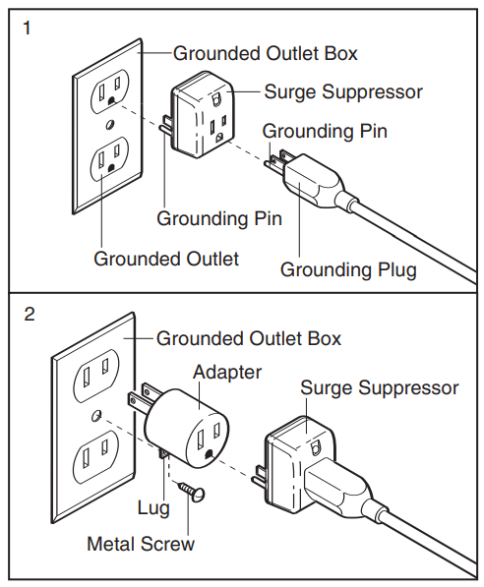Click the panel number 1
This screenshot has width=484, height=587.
pos(27,29)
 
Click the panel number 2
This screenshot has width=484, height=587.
pos(30,314)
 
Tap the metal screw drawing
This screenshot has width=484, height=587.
pos(193,492)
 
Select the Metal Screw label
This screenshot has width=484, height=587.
pos(141,544)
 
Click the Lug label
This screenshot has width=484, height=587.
pos(153,508)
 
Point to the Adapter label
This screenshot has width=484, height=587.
pos(227,372)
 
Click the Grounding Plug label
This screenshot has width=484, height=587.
pos(348,269)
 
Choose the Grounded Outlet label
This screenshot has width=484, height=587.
pos(166,259)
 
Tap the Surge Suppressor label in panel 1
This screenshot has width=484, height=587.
pos(343,92)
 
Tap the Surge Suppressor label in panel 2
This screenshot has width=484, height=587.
pos(379,387)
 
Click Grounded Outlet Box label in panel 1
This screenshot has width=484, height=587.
pos(266,53)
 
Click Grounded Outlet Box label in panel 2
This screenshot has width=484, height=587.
pos(249,338)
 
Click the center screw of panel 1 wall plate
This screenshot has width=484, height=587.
pos(110,124)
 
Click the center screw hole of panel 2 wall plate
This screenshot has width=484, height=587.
pos(96,415)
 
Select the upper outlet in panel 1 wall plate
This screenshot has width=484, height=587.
pos(110,91)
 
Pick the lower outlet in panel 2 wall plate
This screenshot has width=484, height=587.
pos(95,456)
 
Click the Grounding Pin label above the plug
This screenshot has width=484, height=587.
pos(325,132)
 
